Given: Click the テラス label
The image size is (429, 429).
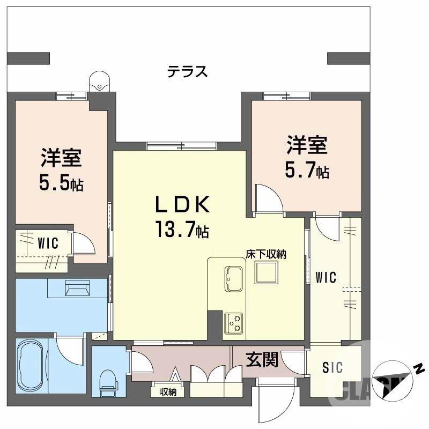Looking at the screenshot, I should pyautogui.click(x=187, y=72).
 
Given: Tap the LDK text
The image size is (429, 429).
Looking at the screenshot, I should pyautogui.click(x=181, y=205).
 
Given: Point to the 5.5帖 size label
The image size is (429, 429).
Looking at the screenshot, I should pyautogui.click(x=61, y=184).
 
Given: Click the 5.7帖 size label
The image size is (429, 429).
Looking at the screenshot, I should pyautogui.click(x=306, y=171).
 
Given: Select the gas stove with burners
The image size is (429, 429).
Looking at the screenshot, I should pyautogui.click(x=234, y=321).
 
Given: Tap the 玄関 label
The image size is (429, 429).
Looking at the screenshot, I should pyautogui.click(x=262, y=359).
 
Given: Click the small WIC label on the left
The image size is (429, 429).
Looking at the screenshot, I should pyautogui.click(x=48, y=243).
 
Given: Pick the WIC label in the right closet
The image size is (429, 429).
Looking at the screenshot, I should pyautogui.click(x=326, y=278).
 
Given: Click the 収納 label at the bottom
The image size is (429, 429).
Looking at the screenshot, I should pyautogui.click(x=168, y=392).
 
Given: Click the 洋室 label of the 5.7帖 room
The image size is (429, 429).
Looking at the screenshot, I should pyautogui.click(x=306, y=145).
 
